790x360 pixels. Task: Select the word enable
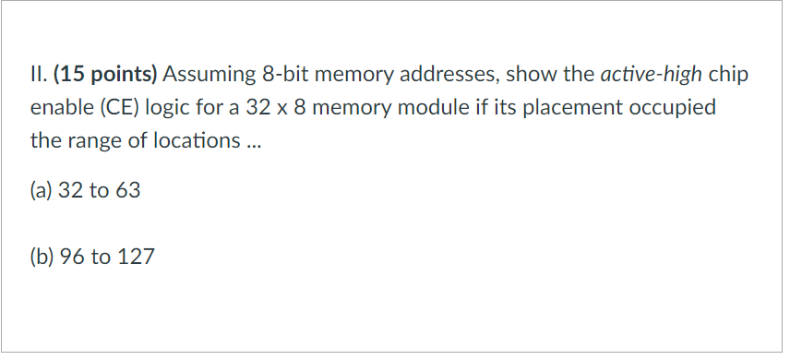pyautogui.click(x=62, y=109)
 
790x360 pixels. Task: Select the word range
pyautogui.click(x=92, y=143)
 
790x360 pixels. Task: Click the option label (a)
pyautogui.click(x=42, y=192)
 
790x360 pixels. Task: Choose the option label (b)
pyautogui.click(x=42, y=257)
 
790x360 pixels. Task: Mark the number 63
pyautogui.click(x=127, y=192)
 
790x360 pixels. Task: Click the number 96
pyautogui.click(x=72, y=257)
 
